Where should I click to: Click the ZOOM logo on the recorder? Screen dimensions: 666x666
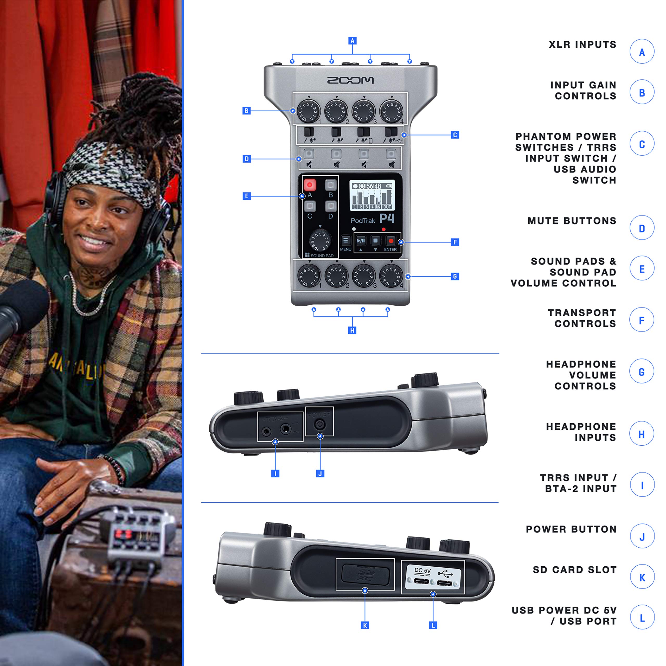pyautogui.click(x=350, y=80)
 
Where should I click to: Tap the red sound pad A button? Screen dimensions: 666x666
pyautogui.click(x=309, y=185)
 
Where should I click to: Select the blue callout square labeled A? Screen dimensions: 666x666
pyautogui.click(x=352, y=41)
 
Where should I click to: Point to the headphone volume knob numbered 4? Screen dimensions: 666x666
pyautogui.click(x=391, y=276)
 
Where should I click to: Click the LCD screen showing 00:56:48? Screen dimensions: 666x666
pyautogui.click(x=372, y=195)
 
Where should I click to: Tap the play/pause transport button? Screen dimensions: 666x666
pyautogui.click(x=361, y=240)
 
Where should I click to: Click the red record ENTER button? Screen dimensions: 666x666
pyautogui.click(x=390, y=241)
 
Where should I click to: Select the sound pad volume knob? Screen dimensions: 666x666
pyautogui.click(x=320, y=240)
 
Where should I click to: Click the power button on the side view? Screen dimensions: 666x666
pyautogui.click(x=319, y=424)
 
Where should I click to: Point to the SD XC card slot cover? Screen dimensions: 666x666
pyautogui.click(x=365, y=574)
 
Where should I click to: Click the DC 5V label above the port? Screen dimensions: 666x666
pyautogui.click(x=422, y=571)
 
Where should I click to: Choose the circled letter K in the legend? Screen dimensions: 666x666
pyautogui.click(x=642, y=577)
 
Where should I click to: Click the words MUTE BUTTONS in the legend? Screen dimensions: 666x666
pyautogui.click(x=572, y=221)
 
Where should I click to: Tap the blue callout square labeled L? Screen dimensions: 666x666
pyautogui.click(x=433, y=625)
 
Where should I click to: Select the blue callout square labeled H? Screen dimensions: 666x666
pyautogui.click(x=352, y=330)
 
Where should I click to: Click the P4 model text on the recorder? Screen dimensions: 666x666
pyautogui.click(x=387, y=218)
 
